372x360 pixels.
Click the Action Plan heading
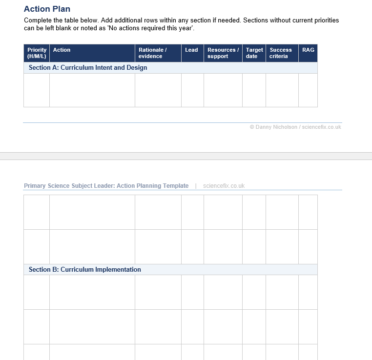point(47,9)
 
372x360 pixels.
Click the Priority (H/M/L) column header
point(37,53)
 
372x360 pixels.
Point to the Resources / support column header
point(223,53)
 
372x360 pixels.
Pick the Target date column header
point(254,53)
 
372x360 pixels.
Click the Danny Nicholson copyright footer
point(295,127)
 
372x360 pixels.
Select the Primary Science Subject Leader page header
point(106,186)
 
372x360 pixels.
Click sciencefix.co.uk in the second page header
point(224,186)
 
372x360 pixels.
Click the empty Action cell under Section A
point(92,90)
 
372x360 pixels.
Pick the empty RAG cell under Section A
point(308,90)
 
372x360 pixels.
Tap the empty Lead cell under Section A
point(192,90)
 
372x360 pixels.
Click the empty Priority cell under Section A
point(37,90)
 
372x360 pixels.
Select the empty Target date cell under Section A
point(254,90)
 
